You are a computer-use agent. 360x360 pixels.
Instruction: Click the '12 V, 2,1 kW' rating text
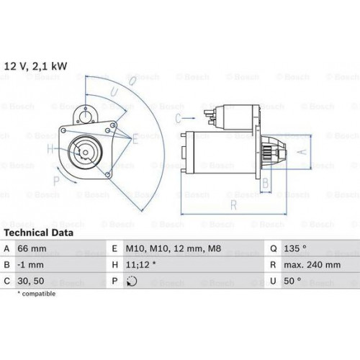(35, 66)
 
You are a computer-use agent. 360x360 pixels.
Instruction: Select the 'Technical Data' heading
(39, 233)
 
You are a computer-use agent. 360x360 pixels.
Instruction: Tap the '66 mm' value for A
(32, 248)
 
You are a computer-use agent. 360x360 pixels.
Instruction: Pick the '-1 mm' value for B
(31, 265)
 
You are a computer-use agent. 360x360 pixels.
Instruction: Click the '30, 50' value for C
(31, 281)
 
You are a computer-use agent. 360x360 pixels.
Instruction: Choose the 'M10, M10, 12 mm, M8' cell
(174, 248)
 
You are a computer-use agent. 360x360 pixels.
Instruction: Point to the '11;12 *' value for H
(140, 265)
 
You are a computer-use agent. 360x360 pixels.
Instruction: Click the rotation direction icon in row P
(132, 281)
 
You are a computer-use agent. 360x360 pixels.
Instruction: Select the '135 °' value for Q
(295, 248)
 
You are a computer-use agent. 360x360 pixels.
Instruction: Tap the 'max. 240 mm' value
(312, 265)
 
